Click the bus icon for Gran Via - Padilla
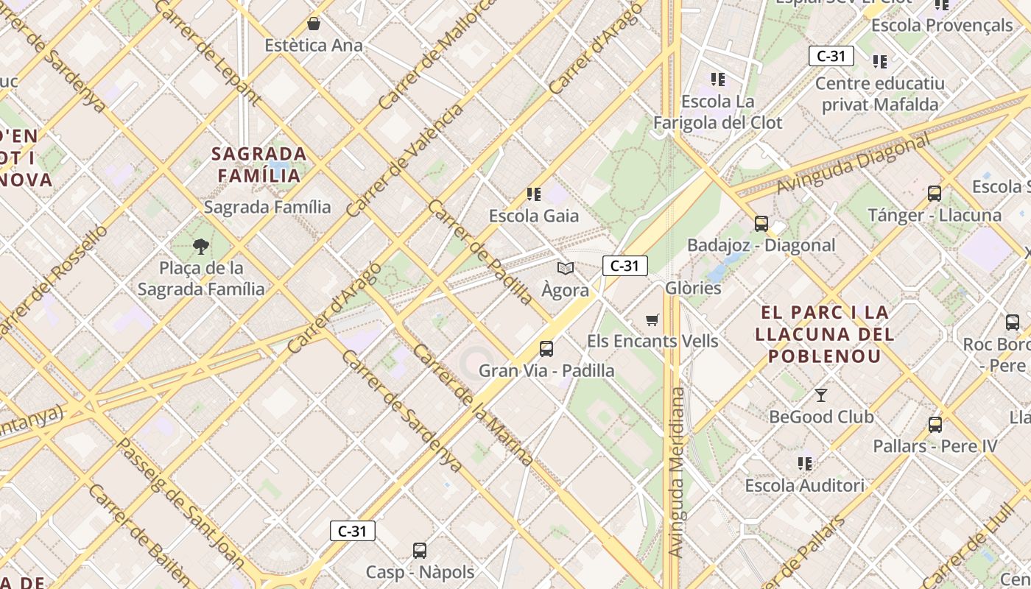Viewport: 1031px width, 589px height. pyautogui.click(x=546, y=348)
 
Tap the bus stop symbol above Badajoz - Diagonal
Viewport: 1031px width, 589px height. pyautogui.click(x=761, y=223)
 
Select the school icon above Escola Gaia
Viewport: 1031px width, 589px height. pyautogui.click(x=534, y=194)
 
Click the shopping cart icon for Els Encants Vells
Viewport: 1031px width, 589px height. pyautogui.click(x=652, y=320)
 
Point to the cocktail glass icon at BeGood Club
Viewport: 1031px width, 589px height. pyautogui.click(x=821, y=395)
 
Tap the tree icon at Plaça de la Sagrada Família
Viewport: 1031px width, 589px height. pyautogui.click(x=200, y=246)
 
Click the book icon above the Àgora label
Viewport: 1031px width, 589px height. pyautogui.click(x=565, y=268)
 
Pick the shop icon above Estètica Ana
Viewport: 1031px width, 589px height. pyautogui.click(x=314, y=24)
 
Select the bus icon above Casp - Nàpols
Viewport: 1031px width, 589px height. pyautogui.click(x=420, y=550)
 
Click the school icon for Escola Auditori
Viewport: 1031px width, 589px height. pyautogui.click(x=805, y=464)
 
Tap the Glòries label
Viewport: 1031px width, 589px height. pyautogui.click(x=693, y=288)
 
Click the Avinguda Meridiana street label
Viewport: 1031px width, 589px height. pyautogui.click(x=677, y=472)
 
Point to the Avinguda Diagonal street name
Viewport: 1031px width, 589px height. pyautogui.click(x=852, y=165)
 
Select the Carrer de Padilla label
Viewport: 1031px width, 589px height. pyautogui.click(x=479, y=251)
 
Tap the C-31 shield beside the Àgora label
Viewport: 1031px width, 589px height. pyautogui.click(x=624, y=266)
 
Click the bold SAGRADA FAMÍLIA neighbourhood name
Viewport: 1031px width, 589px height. pyautogui.click(x=259, y=164)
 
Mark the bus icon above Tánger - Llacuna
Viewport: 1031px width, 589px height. pyautogui.click(x=935, y=194)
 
